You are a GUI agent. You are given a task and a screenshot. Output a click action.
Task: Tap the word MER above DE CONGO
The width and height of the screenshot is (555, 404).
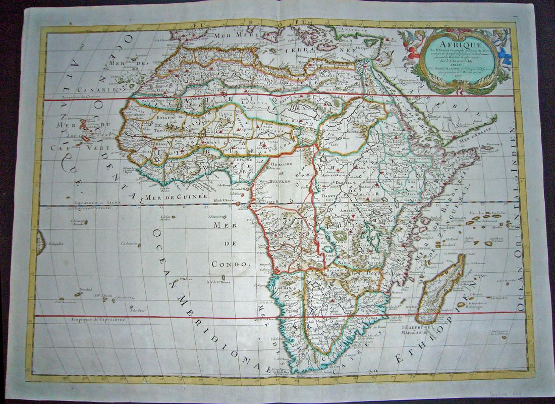[220, 226]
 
